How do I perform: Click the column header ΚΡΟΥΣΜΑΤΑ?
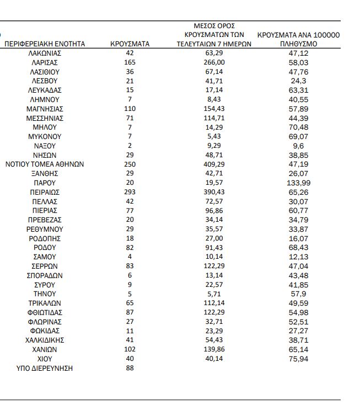tap(130, 44)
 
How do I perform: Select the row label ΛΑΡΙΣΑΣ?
tap(45, 62)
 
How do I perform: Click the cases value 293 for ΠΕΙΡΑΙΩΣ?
tap(130, 192)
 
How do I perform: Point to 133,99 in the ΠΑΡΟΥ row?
tap(298, 183)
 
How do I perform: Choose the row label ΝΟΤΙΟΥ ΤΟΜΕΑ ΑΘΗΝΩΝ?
tap(45, 164)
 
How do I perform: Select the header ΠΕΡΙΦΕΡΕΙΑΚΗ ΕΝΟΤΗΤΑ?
tap(45, 44)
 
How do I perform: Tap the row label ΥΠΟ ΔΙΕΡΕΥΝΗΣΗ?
tap(45, 368)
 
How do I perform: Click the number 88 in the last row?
tap(130, 368)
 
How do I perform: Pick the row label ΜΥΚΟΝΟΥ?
tap(45, 136)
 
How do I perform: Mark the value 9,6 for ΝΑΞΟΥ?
tap(298, 146)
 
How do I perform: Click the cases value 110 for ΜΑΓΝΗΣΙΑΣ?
tap(130, 109)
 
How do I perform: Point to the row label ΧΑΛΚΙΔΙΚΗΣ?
tap(45, 340)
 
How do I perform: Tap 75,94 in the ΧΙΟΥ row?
tap(298, 359)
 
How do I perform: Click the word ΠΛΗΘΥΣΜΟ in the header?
tap(298, 44)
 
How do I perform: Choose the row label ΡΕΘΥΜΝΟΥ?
tap(45, 229)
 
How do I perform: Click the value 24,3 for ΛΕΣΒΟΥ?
tap(298, 81)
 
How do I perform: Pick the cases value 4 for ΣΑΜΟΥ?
tap(130, 257)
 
